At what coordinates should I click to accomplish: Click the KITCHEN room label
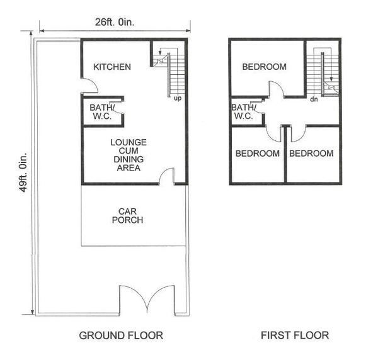click(x=112, y=67)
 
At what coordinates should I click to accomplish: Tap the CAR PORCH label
click(x=127, y=216)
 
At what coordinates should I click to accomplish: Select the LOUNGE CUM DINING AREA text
click(x=129, y=155)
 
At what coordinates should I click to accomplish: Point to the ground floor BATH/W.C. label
click(x=101, y=112)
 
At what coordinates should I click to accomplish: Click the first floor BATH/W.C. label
click(x=243, y=112)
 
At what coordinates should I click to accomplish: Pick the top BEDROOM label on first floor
click(x=265, y=67)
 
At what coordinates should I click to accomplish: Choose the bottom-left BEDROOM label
click(x=258, y=154)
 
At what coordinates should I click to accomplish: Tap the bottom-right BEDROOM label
click(x=311, y=154)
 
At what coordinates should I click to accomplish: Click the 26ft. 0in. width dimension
click(x=115, y=22)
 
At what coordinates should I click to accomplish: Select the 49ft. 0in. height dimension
click(x=23, y=172)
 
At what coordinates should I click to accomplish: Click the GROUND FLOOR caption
click(x=121, y=335)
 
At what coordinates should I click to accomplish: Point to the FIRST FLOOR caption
click(x=295, y=335)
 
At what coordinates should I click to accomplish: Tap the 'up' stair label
click(x=178, y=98)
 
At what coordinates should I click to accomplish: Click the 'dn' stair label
click(x=314, y=99)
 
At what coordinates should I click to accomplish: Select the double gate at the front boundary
click(x=147, y=298)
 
